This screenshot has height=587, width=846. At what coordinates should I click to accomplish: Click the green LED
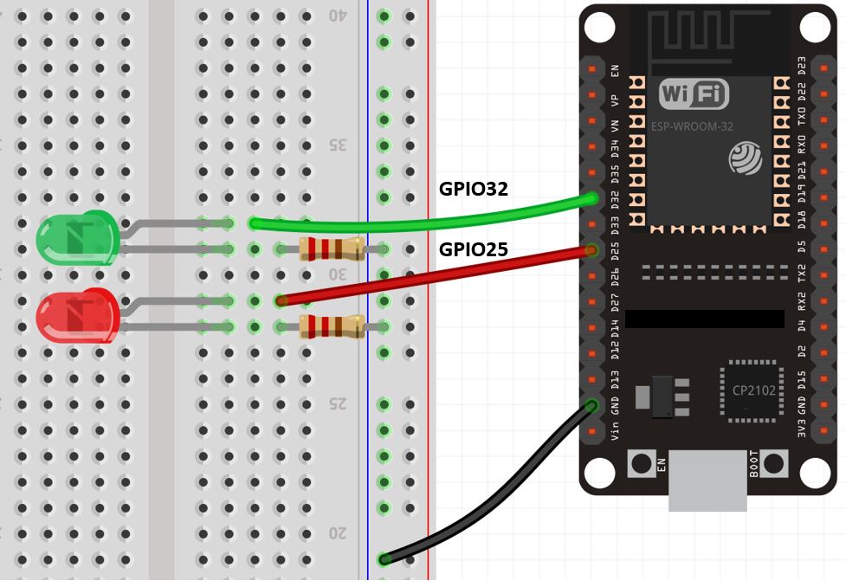click(76, 238)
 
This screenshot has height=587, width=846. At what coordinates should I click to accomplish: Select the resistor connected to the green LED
click(330, 249)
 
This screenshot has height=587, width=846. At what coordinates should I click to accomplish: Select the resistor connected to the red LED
click(330, 326)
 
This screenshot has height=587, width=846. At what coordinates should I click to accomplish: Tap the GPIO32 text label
click(474, 189)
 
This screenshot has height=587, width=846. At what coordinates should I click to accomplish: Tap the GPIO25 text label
click(474, 250)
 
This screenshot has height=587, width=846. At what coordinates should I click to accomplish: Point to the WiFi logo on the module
click(694, 94)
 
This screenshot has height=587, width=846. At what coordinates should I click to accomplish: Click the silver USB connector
click(708, 481)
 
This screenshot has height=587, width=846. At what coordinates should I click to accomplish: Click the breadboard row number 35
click(337, 145)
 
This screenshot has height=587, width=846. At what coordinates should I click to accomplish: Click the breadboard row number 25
click(337, 403)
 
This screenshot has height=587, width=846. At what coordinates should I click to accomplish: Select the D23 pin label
click(801, 67)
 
